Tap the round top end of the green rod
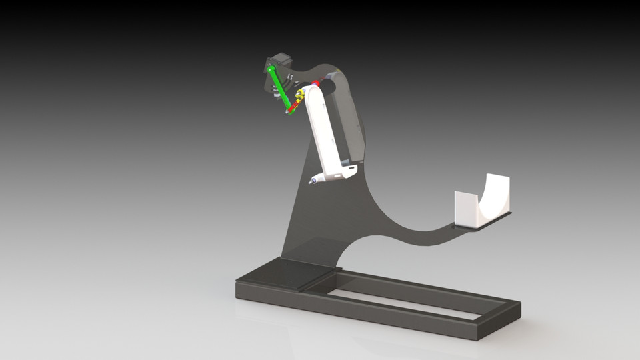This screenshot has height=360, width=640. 271,69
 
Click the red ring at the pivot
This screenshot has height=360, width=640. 315,84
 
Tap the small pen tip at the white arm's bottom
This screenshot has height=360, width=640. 311,181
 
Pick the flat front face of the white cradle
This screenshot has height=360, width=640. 467,208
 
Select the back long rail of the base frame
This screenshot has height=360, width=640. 427,283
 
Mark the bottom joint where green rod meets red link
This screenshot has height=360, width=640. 289,111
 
